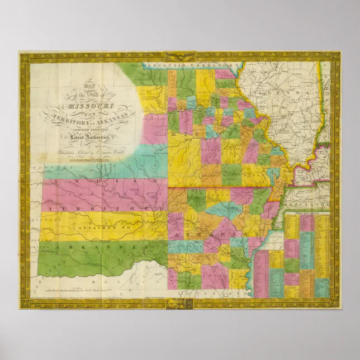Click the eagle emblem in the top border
click(x=179, y=57)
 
